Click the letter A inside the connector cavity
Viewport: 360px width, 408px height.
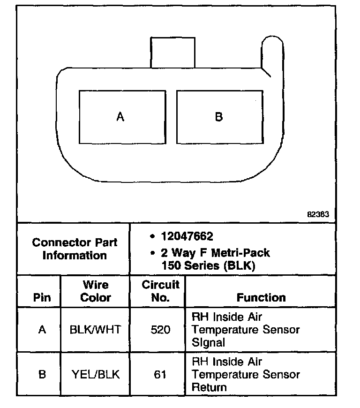tap(120, 116)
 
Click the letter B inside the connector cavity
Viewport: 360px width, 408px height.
tap(218, 116)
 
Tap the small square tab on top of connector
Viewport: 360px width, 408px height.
tap(172, 53)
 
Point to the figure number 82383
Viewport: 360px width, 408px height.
tap(318, 214)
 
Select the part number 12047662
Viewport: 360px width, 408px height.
tap(187, 236)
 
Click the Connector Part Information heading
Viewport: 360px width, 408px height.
tap(75, 249)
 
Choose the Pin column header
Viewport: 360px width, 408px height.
tap(42, 298)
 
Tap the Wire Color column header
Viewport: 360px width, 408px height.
tap(96, 291)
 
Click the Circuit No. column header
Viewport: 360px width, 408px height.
tap(160, 291)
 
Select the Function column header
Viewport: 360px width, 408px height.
tap(261, 298)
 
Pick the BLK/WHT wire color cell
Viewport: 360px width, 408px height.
tap(95, 330)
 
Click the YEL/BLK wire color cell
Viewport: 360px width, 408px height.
tap(95, 375)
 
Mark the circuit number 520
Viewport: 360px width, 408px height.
tap(160, 330)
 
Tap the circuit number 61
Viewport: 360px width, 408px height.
tap(160, 375)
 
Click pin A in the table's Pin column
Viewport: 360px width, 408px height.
tap(42, 330)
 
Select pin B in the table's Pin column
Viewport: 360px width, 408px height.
tap(42, 375)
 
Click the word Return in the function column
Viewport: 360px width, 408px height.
tap(209, 387)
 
